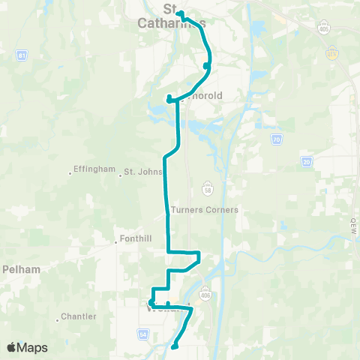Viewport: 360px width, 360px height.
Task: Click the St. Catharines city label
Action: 171,16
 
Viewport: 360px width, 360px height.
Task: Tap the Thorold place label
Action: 198,95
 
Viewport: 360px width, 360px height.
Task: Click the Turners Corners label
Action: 205,210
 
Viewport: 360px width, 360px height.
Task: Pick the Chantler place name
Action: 79,316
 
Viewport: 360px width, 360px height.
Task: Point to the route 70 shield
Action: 277,139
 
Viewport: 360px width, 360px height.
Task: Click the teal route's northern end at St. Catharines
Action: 180,13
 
